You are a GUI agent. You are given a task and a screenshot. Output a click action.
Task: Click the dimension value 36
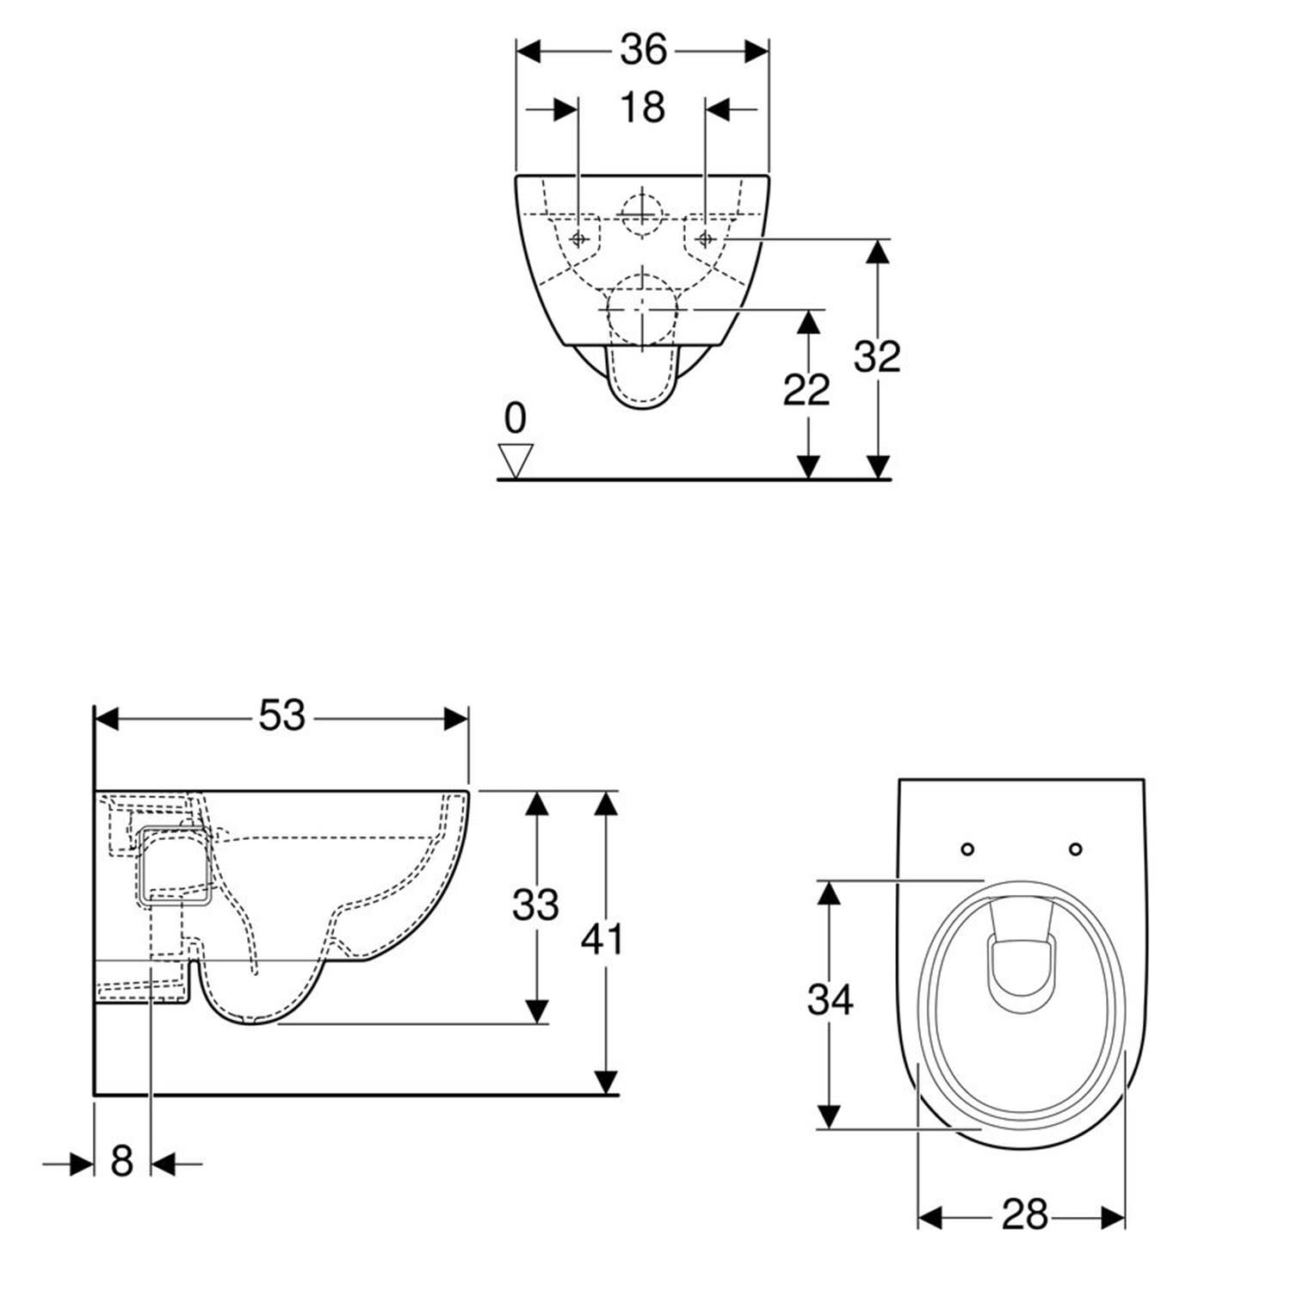coord(643,50)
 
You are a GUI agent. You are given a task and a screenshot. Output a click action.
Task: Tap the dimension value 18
coord(642,108)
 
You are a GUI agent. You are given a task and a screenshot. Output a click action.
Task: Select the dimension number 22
coord(806,390)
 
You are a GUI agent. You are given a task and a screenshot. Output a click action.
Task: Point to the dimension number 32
coord(877,356)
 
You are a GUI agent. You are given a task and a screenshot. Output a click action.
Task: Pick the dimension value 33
coord(535,905)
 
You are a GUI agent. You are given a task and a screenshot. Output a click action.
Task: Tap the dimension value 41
coord(602,939)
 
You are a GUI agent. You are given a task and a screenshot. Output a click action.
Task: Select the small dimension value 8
coord(122,1161)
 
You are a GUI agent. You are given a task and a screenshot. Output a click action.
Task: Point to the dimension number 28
coord(1024,1215)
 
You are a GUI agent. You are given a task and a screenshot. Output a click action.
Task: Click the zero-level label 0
coord(515,418)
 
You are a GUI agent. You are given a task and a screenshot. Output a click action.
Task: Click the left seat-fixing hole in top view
coord(967,849)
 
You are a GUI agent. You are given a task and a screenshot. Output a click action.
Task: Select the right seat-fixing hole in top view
coord(1075,849)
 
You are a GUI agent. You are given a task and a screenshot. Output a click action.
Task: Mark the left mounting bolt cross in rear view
coord(579,238)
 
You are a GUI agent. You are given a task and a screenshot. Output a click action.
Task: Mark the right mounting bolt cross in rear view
coord(706,238)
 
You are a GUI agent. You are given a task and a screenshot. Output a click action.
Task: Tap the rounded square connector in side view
coord(175,867)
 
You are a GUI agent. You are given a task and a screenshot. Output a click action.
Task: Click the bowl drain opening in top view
coord(1022,975)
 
